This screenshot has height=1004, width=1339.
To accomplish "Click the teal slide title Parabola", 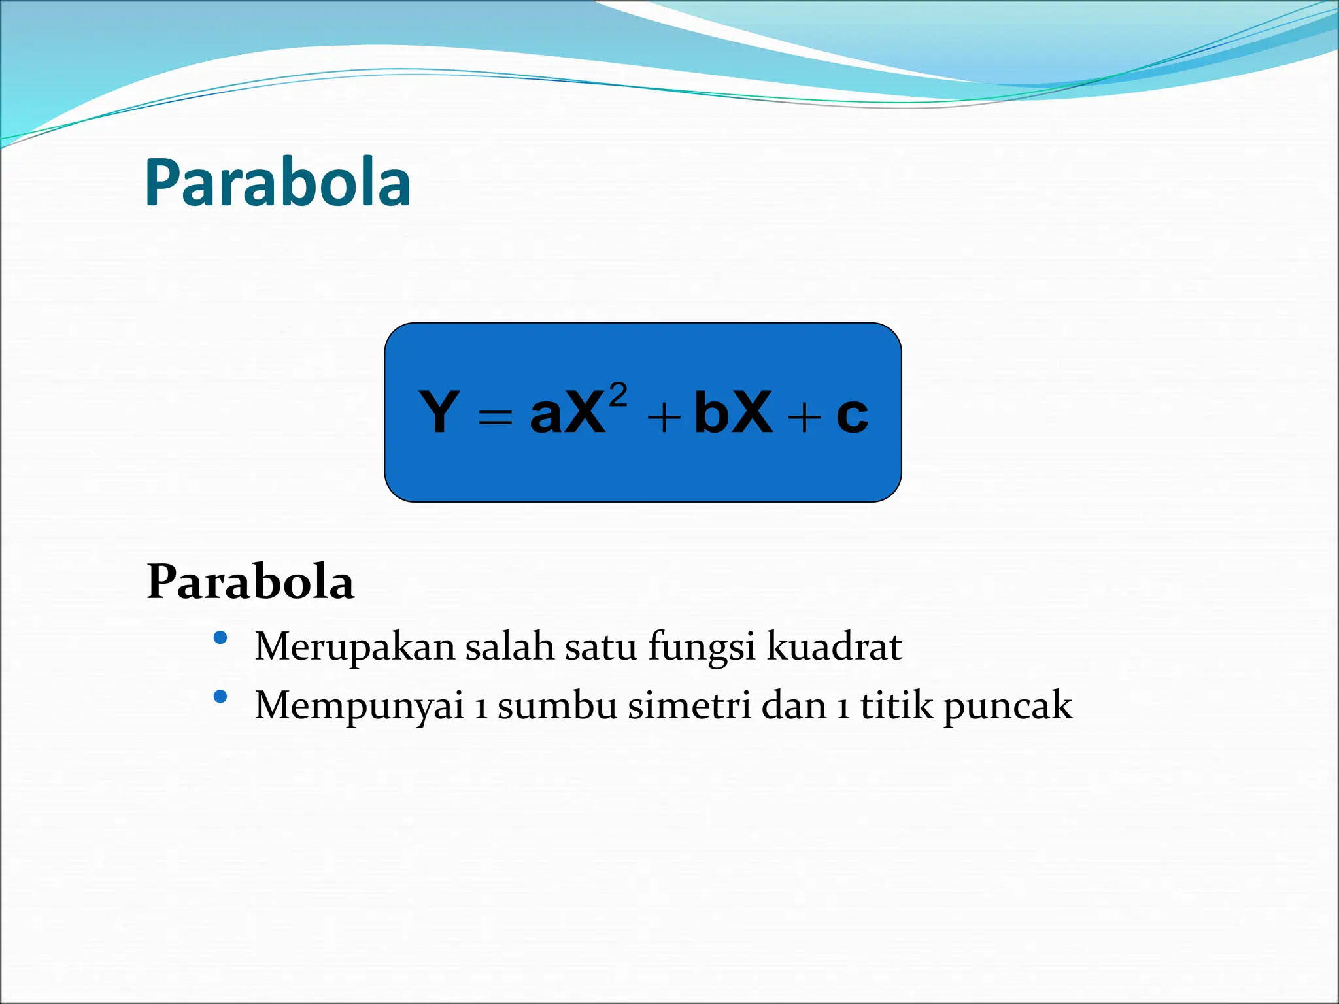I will click(277, 184).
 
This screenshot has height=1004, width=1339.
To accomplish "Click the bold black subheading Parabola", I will click(250, 582).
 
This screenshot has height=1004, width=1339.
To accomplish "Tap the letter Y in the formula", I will click(439, 412).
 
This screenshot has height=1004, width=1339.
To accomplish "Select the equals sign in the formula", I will click(495, 416).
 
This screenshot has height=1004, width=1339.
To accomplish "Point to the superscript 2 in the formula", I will click(618, 395).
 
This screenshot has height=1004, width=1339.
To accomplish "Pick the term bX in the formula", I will click(733, 412).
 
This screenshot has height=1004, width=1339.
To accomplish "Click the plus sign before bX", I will click(664, 417).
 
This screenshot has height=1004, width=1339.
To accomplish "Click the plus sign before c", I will click(804, 417).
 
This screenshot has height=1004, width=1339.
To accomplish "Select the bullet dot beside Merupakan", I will click(220, 637).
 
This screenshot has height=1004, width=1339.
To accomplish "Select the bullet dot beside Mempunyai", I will click(220, 697).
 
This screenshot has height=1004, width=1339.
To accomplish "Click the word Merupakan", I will click(354, 648).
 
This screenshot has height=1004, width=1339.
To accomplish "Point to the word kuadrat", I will click(834, 646).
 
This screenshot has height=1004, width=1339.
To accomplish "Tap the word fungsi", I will click(702, 648).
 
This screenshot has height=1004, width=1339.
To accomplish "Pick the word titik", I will click(896, 706).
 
